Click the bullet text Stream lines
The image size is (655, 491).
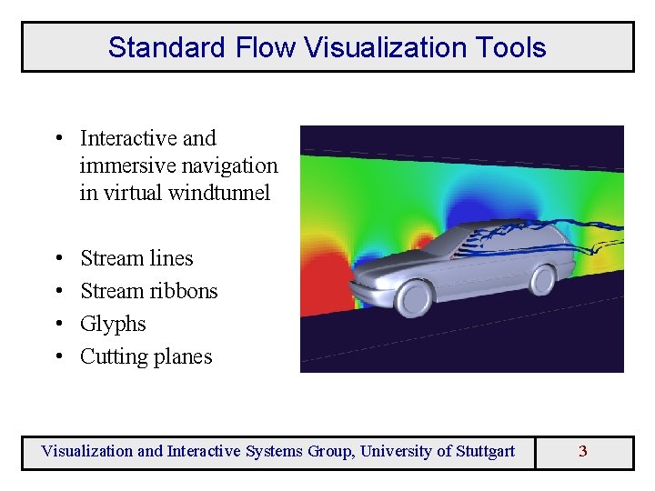pyautogui.click(x=136, y=258)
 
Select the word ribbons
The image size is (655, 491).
pyautogui.click(x=186, y=291)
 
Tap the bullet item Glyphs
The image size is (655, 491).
pyautogui.click(x=113, y=324)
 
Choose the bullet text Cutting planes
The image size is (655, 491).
pyautogui.click(x=146, y=356)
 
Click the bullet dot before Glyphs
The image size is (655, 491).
pyautogui.click(x=57, y=324)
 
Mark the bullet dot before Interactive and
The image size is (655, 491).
pyautogui.click(x=57, y=138)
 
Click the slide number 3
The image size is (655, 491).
pyautogui.click(x=583, y=451)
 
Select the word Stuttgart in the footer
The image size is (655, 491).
pyautogui.click(x=479, y=451)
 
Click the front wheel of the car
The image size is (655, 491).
pyautogui.click(x=415, y=296)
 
